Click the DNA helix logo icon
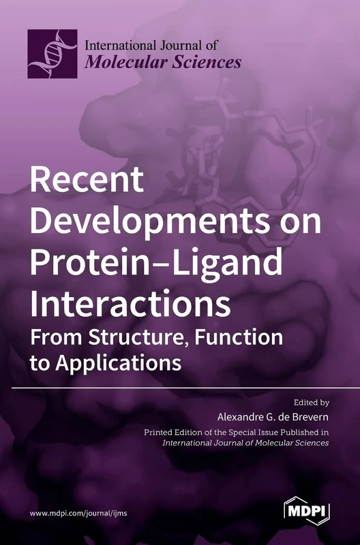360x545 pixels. coord(52,53)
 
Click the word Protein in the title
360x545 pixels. coord(85,261)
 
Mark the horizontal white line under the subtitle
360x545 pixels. coord(180,388)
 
